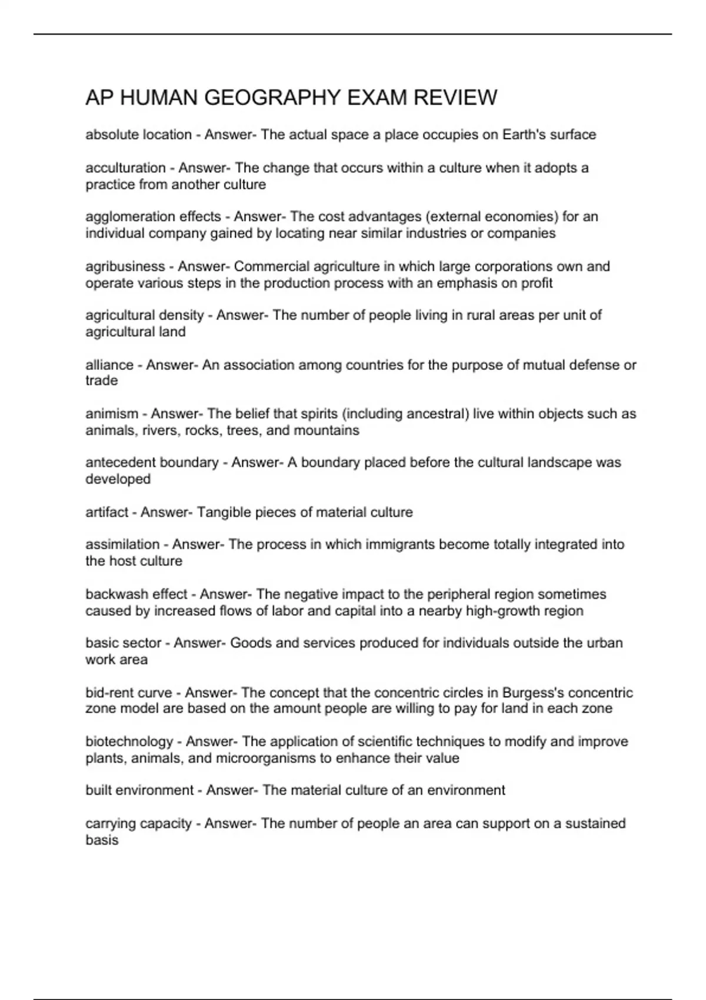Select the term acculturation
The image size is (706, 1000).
[x=125, y=168]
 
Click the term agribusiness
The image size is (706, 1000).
[x=125, y=266]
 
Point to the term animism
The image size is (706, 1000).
[x=112, y=414]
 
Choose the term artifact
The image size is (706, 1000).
[x=106, y=512]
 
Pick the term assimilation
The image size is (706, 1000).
[x=122, y=544]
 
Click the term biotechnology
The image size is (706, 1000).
[x=129, y=741]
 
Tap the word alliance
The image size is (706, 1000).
[x=109, y=365]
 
